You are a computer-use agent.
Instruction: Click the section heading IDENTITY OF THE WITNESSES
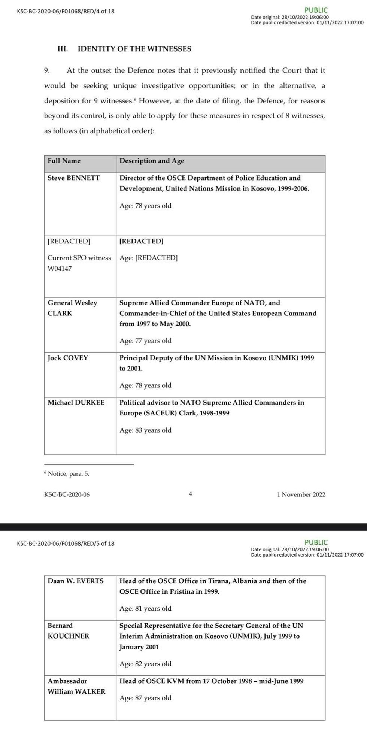pos(134,49)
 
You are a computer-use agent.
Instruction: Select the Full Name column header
pos(64,161)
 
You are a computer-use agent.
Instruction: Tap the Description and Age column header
pos(152,161)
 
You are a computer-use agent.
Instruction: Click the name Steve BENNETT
pos(74,178)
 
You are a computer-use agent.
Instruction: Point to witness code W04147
pos(60,269)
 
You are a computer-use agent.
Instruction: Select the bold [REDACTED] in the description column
pos(141,241)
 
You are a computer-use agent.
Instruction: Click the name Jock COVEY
pos(68,358)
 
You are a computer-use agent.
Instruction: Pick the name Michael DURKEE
pos(76,402)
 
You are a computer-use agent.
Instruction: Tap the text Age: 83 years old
pos(145,430)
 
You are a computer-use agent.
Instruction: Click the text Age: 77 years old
pos(145,341)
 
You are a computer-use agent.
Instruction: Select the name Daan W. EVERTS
pos(76,581)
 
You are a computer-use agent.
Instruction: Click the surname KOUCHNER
pos(69,636)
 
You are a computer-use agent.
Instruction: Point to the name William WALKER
pos(76,691)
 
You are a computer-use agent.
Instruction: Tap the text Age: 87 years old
pos(145,698)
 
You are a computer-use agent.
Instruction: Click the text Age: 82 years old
pos(145,664)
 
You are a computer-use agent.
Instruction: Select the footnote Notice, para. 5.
pos(68,474)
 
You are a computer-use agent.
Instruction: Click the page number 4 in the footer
pos(190,494)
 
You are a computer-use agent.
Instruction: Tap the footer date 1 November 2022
pos(301,494)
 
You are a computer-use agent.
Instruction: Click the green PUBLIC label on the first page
pos(316,10)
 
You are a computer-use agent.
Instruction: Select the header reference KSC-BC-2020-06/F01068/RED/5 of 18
pos(66,543)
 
